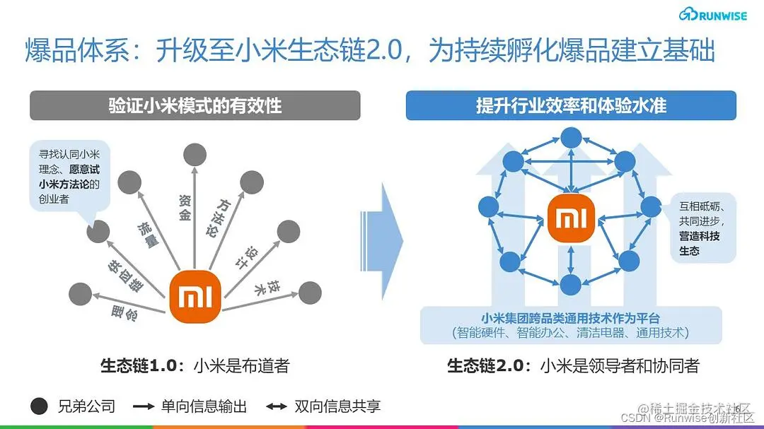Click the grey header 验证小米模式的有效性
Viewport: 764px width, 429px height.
195,105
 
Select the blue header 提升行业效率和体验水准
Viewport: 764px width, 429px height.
571,105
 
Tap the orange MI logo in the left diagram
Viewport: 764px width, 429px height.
195,295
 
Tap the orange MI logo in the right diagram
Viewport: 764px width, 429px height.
571,218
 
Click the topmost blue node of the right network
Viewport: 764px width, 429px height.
570,138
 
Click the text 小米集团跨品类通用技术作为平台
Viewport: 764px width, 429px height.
570,318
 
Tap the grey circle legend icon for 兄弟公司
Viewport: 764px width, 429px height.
40,406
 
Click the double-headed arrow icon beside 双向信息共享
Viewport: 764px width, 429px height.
277,406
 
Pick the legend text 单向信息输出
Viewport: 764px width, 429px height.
204,406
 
